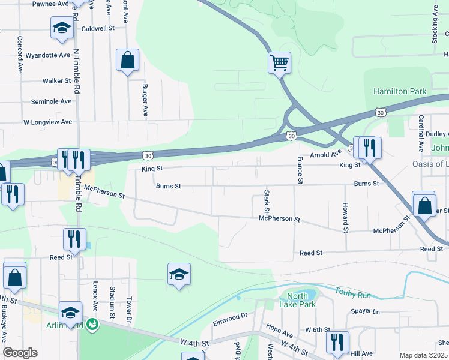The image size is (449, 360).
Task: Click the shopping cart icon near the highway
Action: tap(279, 62)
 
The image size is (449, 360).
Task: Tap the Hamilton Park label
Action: tap(400, 91)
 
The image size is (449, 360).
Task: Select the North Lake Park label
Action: tap(297, 300)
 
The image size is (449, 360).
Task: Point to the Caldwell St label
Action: tap(98, 28)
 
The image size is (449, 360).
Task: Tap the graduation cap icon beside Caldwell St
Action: tap(62, 28)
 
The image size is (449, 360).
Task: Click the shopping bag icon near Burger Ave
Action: tap(127, 60)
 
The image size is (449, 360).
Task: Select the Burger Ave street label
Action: tap(145, 100)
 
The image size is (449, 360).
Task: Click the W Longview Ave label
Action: tap(47, 122)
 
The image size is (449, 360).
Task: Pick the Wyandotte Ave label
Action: tap(47, 55)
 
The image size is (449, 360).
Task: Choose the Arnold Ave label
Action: tap(325, 154)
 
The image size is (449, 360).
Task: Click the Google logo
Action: tap(20, 353)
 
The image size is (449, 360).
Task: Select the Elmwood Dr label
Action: tap(230, 319)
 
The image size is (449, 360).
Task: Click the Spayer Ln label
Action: tap(366, 312)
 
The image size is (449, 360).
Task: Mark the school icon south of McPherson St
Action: tap(179, 274)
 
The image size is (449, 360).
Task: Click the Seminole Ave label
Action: tap(51, 101)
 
